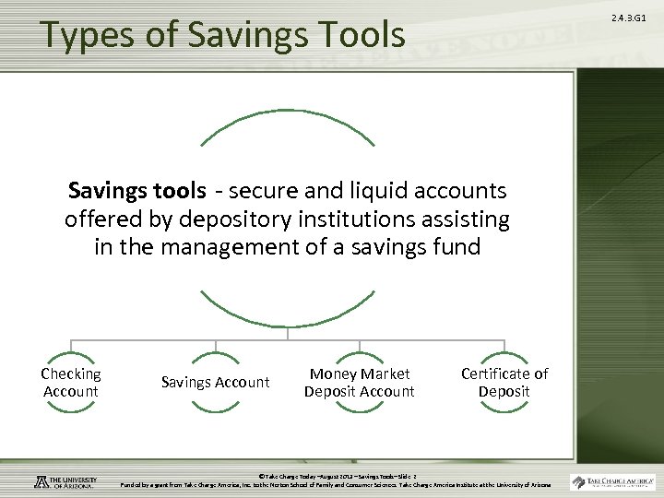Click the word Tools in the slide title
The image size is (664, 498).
tap(361, 35)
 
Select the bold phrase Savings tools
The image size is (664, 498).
tap(136, 191)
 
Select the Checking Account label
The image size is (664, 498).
tap(71, 383)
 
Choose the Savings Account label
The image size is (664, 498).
tap(215, 383)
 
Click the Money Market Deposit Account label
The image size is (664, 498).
tap(360, 383)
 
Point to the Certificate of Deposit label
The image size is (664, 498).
tap(504, 383)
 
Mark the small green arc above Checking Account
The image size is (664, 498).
tap(71, 356)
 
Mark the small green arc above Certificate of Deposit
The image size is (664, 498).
tap(504, 356)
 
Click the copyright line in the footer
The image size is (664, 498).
tap(337, 476)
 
